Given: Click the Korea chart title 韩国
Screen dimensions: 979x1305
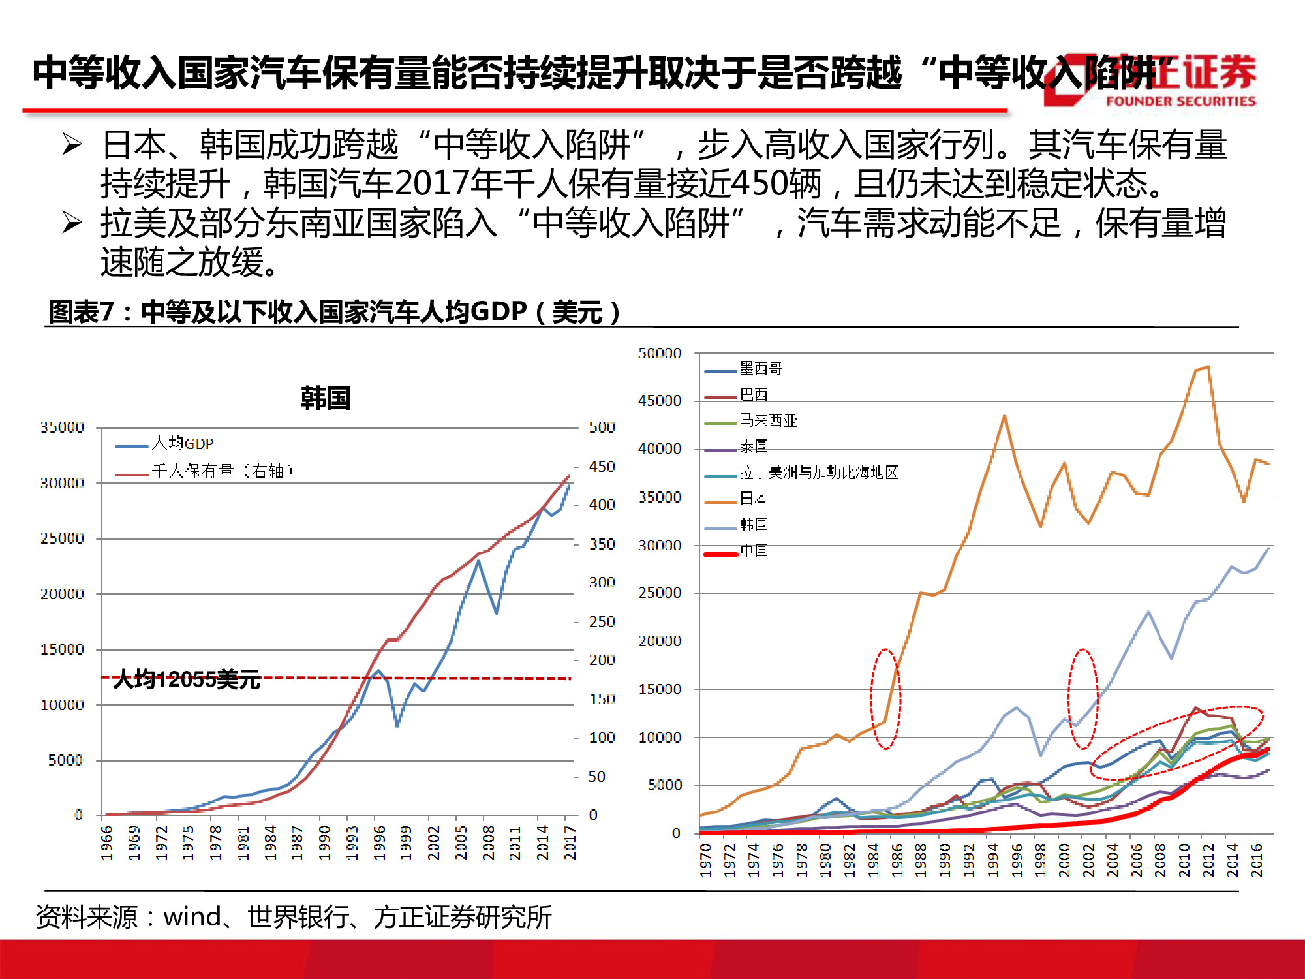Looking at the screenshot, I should (x=326, y=397).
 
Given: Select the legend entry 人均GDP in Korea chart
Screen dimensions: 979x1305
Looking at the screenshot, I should (x=182, y=444).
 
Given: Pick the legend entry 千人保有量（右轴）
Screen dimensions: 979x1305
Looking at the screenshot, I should (x=222, y=471).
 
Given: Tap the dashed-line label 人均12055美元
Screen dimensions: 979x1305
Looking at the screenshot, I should (x=187, y=679).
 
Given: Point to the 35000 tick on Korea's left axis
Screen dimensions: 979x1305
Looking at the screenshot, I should (x=62, y=427).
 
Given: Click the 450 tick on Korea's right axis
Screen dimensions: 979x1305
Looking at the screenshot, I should (x=602, y=467).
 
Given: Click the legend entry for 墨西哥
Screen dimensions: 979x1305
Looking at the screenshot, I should (x=761, y=369).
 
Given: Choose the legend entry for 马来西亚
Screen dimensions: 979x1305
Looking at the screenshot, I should (x=768, y=421).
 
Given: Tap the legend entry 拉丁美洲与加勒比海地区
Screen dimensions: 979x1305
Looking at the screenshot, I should (x=818, y=473).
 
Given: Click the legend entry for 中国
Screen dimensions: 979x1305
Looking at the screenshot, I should (x=754, y=551).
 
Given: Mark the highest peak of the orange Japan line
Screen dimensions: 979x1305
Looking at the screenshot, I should (x=1208, y=367).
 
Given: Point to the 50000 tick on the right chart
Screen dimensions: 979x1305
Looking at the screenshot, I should (x=659, y=354).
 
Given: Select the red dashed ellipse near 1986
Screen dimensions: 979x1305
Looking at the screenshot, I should (x=885, y=698).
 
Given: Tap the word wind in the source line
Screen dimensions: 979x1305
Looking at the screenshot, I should (x=192, y=917).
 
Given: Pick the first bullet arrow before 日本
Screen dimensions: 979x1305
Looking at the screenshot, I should (x=72, y=144).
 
